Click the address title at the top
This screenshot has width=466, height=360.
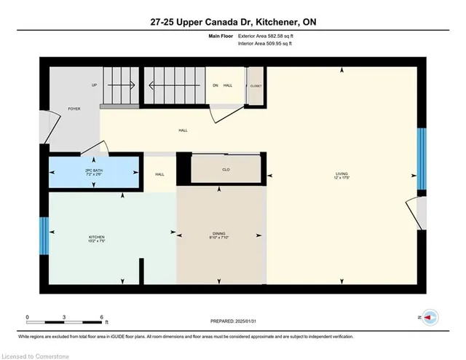[233, 23]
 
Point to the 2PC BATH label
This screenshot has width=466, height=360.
[94, 173]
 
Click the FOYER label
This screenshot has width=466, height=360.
[74, 109]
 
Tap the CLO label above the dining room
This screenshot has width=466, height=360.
[226, 170]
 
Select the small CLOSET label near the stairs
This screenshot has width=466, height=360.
[256, 86]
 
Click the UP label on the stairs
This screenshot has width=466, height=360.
[94, 85]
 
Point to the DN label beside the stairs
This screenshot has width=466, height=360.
[215, 85]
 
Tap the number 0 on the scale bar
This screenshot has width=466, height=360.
[28, 316]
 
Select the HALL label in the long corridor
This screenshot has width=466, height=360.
[183, 130]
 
